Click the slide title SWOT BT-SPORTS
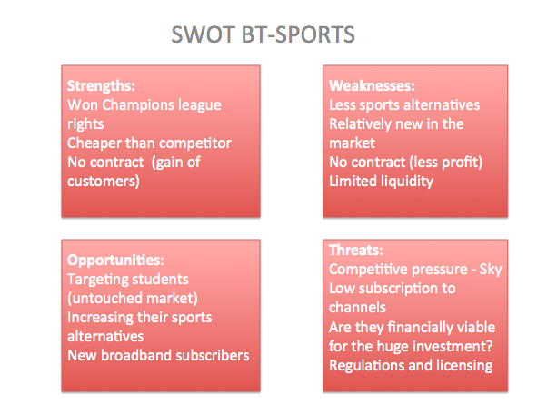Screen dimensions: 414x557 tap(263, 35)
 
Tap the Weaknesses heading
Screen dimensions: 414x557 tap(371, 87)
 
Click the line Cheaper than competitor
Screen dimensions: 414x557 tap(149, 142)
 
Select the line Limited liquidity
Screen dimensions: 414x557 tap(382, 181)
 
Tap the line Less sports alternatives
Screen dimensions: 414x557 tap(404, 105)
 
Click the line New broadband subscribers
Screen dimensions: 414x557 tap(158, 355)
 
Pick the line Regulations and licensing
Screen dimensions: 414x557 tap(411, 365)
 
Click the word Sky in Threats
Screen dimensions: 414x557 tap(492, 269)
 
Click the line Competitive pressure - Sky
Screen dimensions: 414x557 tap(415, 269)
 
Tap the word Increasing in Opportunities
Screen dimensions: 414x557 tap(103, 319)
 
